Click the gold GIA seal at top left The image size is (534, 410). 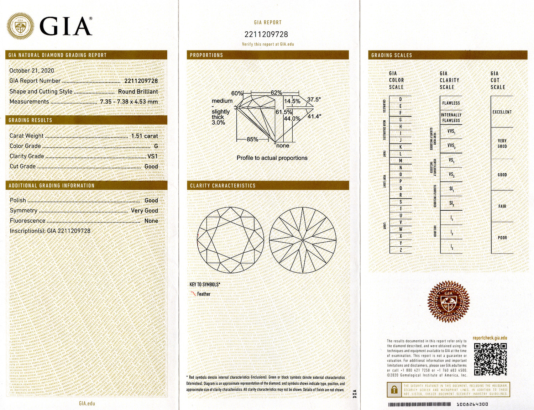point(21,26)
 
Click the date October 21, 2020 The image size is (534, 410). point(32,70)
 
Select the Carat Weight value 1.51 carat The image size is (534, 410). point(144,136)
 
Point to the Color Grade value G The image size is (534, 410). point(156,146)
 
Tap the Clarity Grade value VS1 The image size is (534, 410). point(152,156)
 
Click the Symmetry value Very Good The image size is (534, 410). point(144,210)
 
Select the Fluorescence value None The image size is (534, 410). point(151,221)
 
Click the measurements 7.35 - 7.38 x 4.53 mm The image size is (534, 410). point(129,101)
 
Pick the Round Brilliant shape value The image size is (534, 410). point(138,91)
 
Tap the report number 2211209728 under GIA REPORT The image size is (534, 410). point(266,35)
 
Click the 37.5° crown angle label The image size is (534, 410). point(314,100)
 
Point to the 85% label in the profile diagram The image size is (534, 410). point(252,140)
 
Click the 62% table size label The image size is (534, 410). point(276,93)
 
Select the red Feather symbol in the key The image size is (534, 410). point(193,294)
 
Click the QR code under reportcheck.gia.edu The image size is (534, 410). point(490,359)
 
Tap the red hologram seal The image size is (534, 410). point(449,301)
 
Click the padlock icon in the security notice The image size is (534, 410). point(394,390)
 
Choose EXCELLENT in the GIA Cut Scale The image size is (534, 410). point(502,112)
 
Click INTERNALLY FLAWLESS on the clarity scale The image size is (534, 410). point(451,118)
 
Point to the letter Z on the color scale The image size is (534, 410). point(400,250)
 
